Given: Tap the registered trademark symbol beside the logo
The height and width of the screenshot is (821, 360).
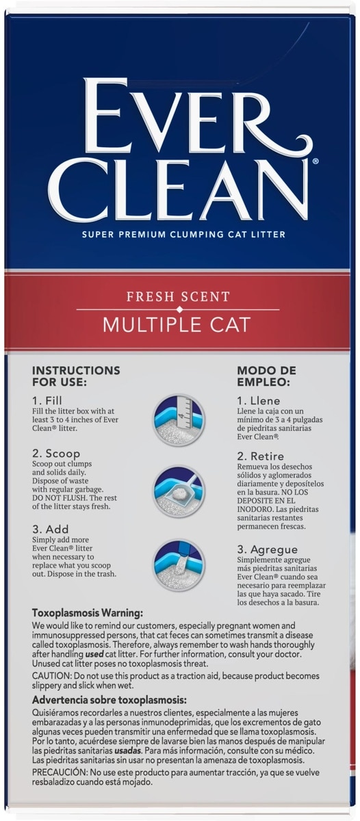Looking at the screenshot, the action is tap(316, 161).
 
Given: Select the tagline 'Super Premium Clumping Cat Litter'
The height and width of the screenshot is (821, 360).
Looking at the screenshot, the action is tap(183, 234).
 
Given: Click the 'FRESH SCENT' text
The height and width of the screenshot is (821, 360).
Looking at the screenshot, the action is tap(178, 296).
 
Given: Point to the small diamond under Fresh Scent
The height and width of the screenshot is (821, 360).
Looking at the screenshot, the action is tap(179, 310).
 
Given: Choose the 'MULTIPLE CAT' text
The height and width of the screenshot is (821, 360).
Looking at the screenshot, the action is tap(177, 325).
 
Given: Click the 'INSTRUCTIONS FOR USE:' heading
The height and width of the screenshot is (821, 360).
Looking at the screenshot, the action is tap(76, 376).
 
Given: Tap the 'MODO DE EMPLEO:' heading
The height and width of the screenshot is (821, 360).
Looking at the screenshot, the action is tap(266, 376).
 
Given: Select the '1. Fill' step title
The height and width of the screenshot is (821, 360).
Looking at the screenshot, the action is tap(47, 400).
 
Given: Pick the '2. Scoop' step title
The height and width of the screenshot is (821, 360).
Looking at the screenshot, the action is tap(55, 454).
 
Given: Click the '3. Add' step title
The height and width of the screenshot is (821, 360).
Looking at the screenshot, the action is tap(50, 529).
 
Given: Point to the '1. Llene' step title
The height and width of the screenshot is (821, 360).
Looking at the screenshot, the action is tap(259, 401).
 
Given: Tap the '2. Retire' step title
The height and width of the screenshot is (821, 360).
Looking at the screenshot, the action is tap(260, 456).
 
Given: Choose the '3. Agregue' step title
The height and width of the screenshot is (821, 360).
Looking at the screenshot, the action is tap(267, 549).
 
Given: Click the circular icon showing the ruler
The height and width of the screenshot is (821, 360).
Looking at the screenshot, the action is tap(179, 420).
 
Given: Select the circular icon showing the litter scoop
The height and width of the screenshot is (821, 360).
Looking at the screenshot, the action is tap(179, 492).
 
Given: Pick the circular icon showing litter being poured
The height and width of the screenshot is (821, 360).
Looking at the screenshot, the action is tap(179, 565).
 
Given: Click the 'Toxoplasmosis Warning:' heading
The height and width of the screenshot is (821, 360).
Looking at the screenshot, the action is tap(87, 613).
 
